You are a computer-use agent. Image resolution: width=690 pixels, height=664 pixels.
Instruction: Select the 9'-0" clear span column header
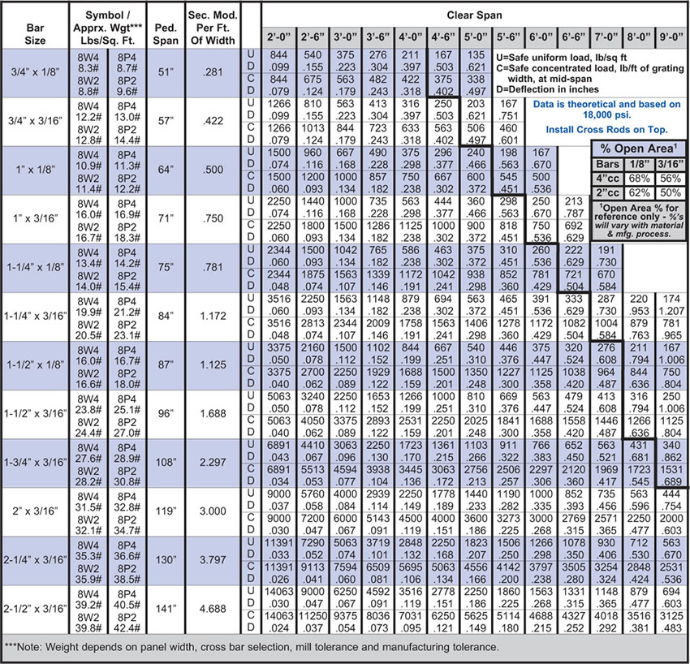tap(671, 37)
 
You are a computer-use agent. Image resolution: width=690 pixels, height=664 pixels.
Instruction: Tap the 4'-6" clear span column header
tap(442, 37)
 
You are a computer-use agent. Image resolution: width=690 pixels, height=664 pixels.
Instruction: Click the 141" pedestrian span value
tap(166, 609)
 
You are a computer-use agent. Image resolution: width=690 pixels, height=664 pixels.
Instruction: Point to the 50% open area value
tap(671, 193)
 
